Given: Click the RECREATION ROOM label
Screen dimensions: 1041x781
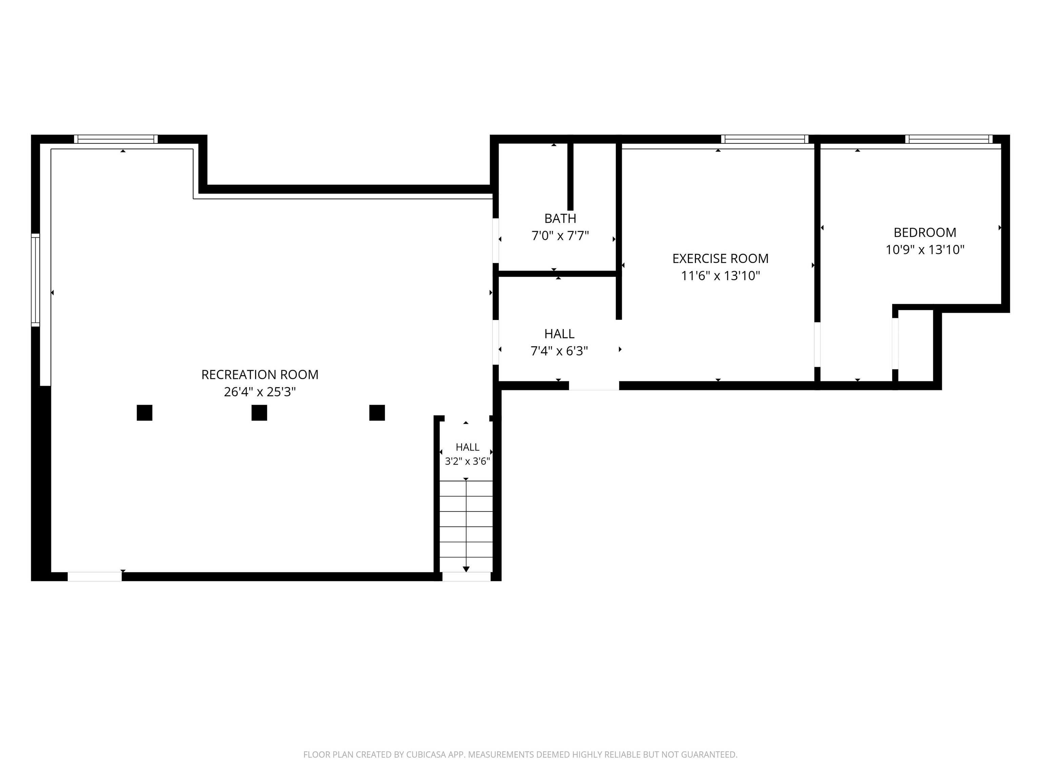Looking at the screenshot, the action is tap(260, 375).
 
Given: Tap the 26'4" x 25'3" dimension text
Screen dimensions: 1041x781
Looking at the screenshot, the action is tap(260, 392).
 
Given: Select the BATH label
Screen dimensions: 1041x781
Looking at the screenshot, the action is tap(560, 218).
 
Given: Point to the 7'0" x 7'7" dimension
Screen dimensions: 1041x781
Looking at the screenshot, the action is tap(560, 235).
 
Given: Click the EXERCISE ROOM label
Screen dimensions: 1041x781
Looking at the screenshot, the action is tap(720, 258).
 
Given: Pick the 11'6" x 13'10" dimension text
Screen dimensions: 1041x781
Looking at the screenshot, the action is tap(720, 275).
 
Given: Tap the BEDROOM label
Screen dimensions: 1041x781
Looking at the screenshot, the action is tap(925, 233).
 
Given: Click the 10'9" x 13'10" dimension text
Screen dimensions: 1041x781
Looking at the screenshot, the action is tap(925, 249).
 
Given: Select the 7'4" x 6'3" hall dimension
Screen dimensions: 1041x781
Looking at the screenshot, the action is tap(559, 351).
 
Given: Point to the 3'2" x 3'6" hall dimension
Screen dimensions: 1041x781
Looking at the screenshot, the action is tap(467, 461).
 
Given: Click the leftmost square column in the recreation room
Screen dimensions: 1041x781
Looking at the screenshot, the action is tap(144, 413).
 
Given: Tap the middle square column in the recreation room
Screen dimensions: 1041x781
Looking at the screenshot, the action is tap(259, 413).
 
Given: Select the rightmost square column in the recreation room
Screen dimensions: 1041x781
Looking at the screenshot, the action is tap(377, 413).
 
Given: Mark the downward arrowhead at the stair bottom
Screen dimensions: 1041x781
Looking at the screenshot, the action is tap(466, 569).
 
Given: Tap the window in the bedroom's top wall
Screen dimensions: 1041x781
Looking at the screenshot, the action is tap(948, 139).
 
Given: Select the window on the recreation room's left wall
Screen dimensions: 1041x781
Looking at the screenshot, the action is tap(35, 280).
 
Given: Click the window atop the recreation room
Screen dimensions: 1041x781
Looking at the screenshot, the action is tap(116, 139).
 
